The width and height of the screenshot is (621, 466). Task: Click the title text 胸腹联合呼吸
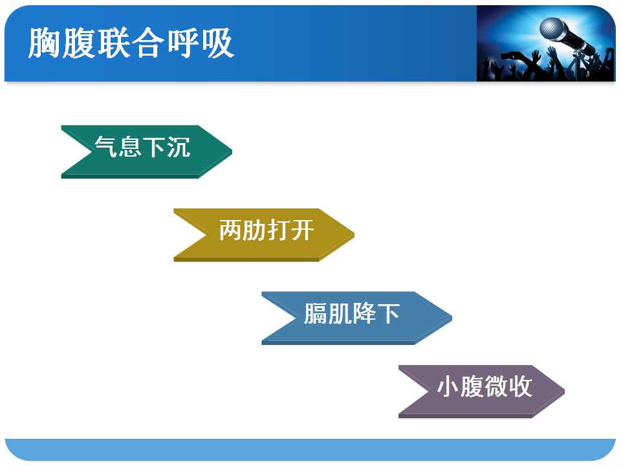point(131,43)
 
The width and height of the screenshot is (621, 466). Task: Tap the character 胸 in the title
point(45,43)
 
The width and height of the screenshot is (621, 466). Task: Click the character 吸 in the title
point(218,43)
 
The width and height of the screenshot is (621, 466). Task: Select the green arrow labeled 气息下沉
point(147,151)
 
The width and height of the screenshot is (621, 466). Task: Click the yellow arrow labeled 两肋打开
point(264,235)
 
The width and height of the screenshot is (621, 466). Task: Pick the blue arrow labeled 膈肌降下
point(356,318)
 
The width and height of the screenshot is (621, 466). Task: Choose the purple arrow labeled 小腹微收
point(481,392)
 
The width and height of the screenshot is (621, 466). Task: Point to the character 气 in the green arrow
point(107,147)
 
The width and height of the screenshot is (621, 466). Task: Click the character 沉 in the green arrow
point(179,147)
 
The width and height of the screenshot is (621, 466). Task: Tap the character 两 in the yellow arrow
point(230,230)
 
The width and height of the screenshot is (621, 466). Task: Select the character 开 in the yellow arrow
point(303,230)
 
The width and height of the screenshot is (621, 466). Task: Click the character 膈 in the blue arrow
point(316,313)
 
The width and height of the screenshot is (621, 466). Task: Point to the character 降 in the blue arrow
point(364,313)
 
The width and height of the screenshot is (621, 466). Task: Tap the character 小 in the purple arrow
point(449,386)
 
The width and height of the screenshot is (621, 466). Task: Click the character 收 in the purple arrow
point(520,386)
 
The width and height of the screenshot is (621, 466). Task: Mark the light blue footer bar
point(310,449)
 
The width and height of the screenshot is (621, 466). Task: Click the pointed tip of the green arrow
point(232,151)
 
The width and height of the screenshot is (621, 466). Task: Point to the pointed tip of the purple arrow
point(564,391)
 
